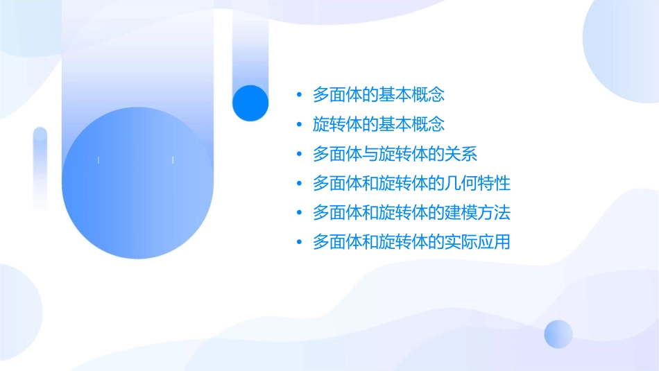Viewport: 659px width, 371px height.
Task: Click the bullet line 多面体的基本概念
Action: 378,94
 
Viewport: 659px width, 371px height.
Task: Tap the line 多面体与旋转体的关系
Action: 395,154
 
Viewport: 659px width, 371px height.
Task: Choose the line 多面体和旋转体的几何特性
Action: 411,183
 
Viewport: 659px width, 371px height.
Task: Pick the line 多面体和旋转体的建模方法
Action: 411,212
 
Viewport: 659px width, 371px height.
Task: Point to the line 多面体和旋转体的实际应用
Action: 411,242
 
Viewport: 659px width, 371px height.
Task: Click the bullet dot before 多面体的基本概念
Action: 299,95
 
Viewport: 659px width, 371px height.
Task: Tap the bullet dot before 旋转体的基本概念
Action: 299,125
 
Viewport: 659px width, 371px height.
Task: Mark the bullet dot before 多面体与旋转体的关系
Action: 299,154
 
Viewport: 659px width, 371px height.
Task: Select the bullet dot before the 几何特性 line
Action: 299,184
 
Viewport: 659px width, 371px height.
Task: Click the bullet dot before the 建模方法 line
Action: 299,213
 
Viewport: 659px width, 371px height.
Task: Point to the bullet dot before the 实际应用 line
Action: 299,243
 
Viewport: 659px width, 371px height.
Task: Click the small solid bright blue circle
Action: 250,103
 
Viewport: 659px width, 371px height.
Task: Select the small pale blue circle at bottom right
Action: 558,334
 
